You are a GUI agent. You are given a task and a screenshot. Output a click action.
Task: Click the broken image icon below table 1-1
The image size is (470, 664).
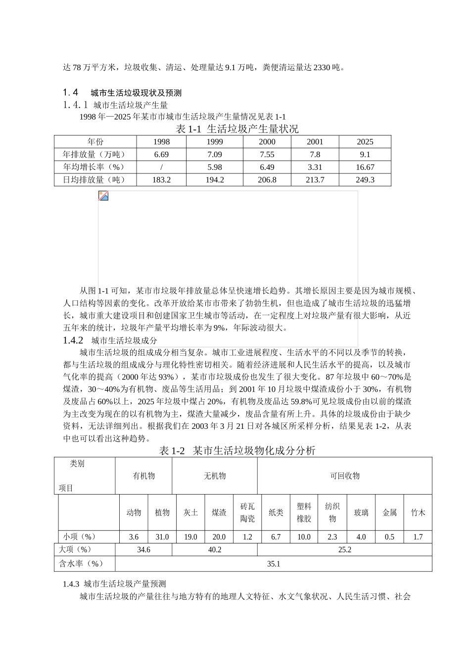(x=103, y=196)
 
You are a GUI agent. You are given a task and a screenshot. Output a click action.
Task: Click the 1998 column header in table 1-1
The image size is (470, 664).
(x=161, y=142)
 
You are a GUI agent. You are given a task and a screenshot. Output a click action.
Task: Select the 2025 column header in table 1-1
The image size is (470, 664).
(x=365, y=142)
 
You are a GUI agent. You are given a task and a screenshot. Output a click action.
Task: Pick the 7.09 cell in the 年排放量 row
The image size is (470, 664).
(x=215, y=155)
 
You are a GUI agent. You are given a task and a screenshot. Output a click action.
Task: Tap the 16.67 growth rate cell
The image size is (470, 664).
(x=365, y=167)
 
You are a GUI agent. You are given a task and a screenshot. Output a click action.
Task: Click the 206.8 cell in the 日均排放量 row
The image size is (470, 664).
(x=267, y=180)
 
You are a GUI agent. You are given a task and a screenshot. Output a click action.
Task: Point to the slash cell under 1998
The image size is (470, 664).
(x=161, y=167)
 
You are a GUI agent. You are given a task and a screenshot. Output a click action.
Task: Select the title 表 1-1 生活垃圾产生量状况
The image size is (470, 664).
(x=237, y=129)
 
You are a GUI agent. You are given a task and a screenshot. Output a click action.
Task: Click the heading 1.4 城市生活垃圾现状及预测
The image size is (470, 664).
(x=122, y=92)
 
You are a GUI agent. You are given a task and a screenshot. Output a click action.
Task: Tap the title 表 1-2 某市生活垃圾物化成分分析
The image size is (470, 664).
(x=237, y=450)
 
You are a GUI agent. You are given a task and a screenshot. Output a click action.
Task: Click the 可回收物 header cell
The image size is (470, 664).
(x=345, y=476)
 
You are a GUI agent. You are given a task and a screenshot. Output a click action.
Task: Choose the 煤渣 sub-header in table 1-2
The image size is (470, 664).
(x=219, y=513)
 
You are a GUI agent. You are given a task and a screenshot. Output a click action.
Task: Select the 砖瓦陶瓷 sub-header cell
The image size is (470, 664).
(x=247, y=513)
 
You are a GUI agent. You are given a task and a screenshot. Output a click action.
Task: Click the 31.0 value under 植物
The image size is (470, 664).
(x=162, y=537)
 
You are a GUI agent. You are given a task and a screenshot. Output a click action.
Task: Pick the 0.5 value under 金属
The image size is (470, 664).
(x=389, y=537)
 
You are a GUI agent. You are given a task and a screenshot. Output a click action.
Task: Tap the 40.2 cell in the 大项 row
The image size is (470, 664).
(x=215, y=549)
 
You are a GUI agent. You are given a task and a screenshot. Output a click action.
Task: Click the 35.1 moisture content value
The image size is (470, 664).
(x=274, y=564)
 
